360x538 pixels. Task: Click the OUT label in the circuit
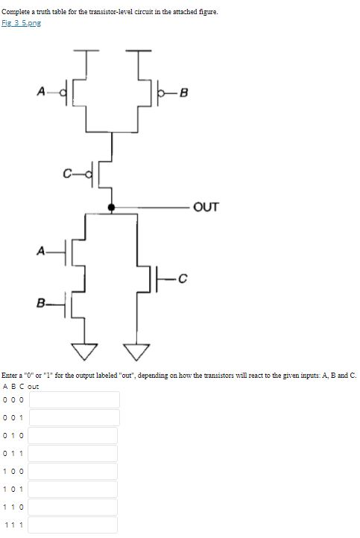point(206,207)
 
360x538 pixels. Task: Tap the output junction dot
point(111,208)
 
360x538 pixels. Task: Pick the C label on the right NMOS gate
point(182,279)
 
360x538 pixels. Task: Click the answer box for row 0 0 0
point(74,399)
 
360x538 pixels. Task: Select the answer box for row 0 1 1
point(74,453)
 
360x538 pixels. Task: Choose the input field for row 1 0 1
point(74,490)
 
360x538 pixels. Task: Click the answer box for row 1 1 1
point(74,525)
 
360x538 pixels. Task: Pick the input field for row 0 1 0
point(74,435)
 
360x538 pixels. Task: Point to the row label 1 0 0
point(13,472)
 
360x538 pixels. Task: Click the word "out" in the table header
point(33,386)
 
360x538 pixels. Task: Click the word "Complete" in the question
point(16,12)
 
